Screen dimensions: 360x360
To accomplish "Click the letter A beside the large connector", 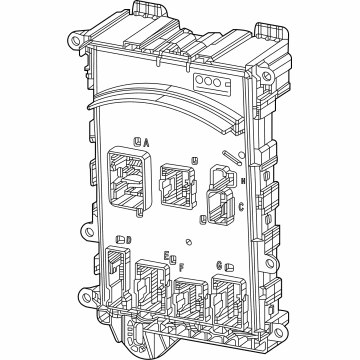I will [x=147, y=144].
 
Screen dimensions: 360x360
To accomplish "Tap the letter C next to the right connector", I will [x=242, y=207].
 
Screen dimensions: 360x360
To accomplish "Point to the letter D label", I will [x=125, y=239].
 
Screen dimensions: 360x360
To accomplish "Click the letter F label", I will [x=180, y=267].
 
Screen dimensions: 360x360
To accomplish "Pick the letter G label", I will [x=219, y=265].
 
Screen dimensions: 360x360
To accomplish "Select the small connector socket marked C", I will [x=217, y=211].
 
